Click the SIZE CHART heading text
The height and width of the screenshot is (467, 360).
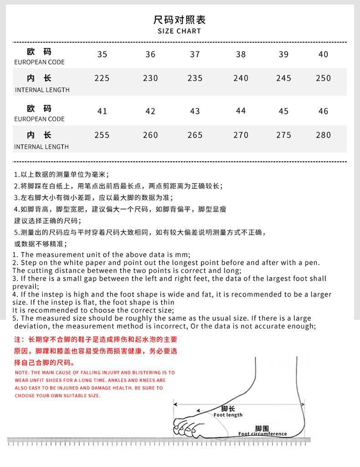[x=179, y=31]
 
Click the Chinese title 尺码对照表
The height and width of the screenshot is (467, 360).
[x=180, y=20]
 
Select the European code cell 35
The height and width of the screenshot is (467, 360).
[x=102, y=54]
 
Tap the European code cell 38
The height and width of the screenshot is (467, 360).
[x=241, y=54]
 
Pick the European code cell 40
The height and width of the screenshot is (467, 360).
[x=323, y=54]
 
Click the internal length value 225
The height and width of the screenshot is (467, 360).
[x=102, y=78]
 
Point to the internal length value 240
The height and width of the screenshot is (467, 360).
[x=241, y=78]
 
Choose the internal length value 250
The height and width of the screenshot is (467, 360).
[x=323, y=78]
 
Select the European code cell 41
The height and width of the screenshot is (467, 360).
[x=102, y=111]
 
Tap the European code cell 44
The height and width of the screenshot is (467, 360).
[x=241, y=111]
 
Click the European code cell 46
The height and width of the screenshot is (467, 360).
[x=323, y=111]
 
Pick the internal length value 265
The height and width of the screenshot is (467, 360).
[x=195, y=135]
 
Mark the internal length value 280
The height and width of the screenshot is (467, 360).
[x=323, y=135]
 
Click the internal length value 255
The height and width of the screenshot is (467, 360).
[x=102, y=135]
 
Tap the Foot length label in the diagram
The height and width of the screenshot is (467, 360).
[x=228, y=415]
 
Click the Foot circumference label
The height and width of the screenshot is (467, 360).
[x=262, y=434]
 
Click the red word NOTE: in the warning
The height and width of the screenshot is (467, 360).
[x=22, y=373]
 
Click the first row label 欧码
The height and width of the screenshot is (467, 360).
[x=39, y=51]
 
